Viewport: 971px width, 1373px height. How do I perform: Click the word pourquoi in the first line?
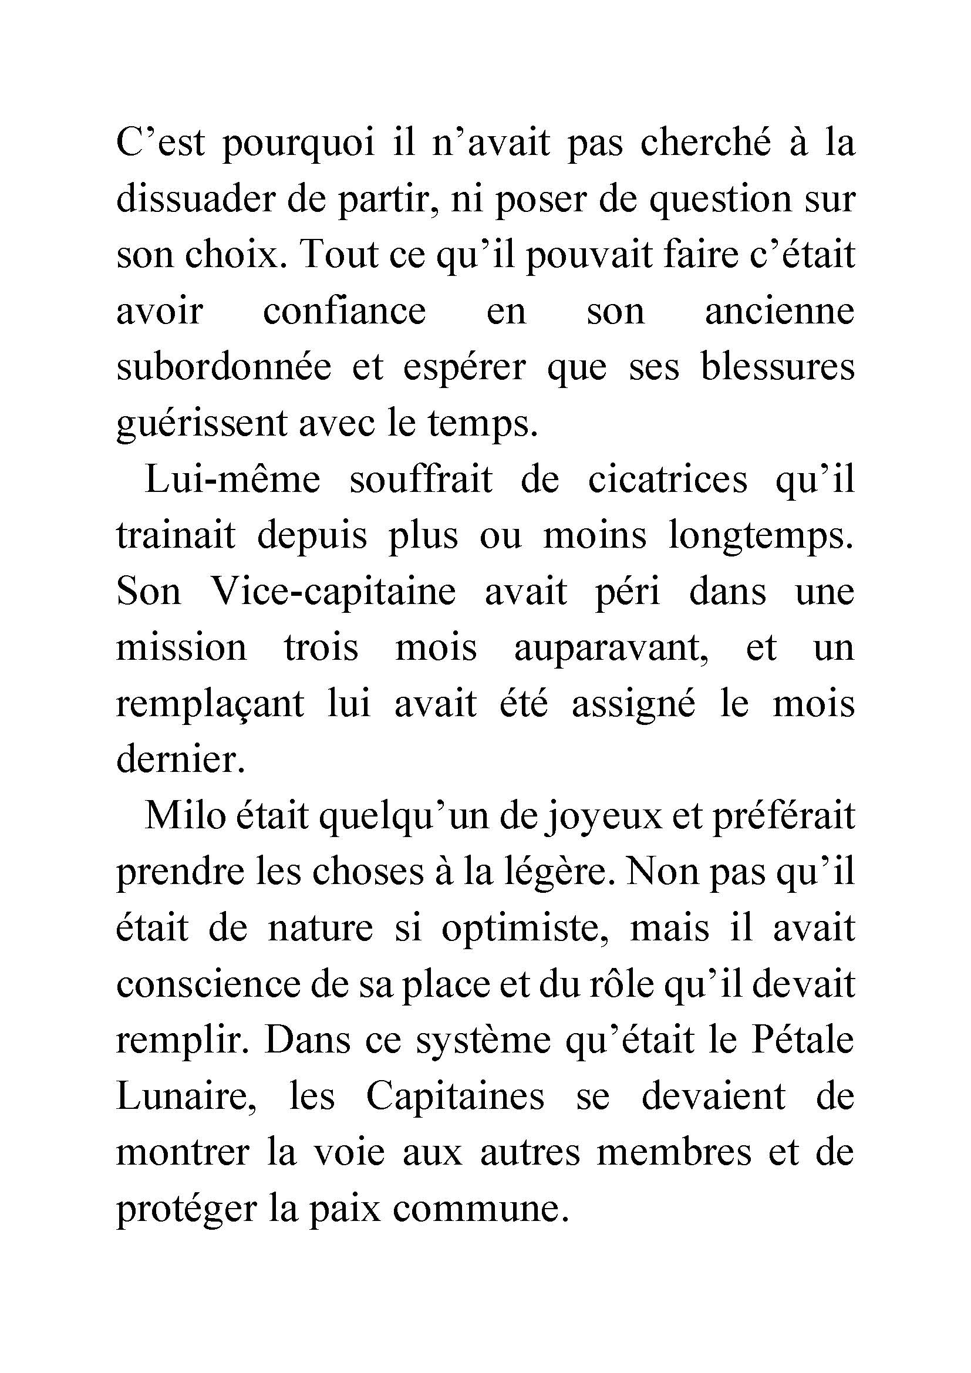[x=298, y=145]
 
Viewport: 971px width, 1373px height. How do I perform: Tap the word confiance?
[x=345, y=312]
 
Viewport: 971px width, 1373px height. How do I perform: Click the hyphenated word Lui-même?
[x=232, y=480]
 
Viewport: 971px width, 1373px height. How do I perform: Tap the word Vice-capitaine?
[x=333, y=592]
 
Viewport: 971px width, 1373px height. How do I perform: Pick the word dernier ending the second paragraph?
[x=181, y=760]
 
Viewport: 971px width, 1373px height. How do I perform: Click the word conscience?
[x=207, y=984]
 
